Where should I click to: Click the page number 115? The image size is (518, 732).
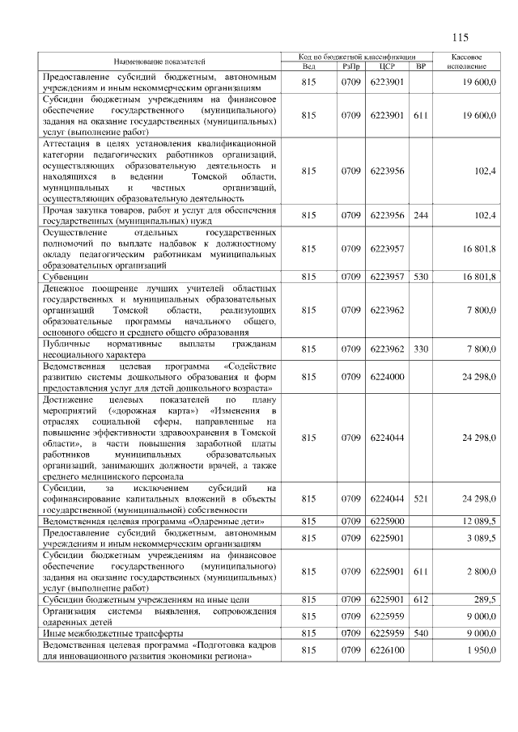[x=461, y=37]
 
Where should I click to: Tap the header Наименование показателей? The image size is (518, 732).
[x=159, y=61]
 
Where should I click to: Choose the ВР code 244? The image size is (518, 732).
[x=420, y=214]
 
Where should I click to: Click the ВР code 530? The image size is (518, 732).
[x=420, y=277]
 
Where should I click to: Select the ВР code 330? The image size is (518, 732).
[x=420, y=349]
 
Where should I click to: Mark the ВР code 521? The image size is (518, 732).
[x=420, y=499]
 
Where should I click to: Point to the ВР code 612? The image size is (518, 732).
[x=420, y=599]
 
